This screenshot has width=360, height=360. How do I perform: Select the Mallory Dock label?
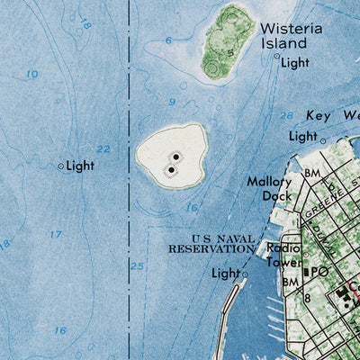[270, 188]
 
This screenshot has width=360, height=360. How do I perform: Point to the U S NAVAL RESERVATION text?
[211, 243]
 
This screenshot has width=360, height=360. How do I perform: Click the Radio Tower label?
[280, 256]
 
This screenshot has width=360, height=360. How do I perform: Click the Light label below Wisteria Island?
[293, 63]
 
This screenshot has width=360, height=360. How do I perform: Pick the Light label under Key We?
[303, 136]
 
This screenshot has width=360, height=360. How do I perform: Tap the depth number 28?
[286, 116]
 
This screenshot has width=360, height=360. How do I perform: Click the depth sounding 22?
[103, 149]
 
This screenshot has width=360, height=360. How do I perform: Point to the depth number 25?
[137, 265]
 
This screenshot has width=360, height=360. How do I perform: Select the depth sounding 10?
[32, 74]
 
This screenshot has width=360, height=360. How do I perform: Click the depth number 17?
[56, 235]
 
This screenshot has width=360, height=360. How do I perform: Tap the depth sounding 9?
[171, 103]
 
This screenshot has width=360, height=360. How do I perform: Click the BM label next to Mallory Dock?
[312, 173]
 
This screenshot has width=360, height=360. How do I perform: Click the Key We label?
[332, 116]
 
